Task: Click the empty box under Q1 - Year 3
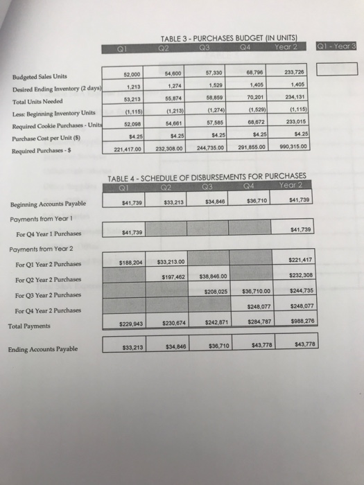(x=337, y=69)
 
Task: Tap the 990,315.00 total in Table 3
(x=294, y=146)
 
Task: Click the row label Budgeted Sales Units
(x=39, y=77)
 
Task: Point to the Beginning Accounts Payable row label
(x=49, y=203)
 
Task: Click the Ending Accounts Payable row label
(x=44, y=349)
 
